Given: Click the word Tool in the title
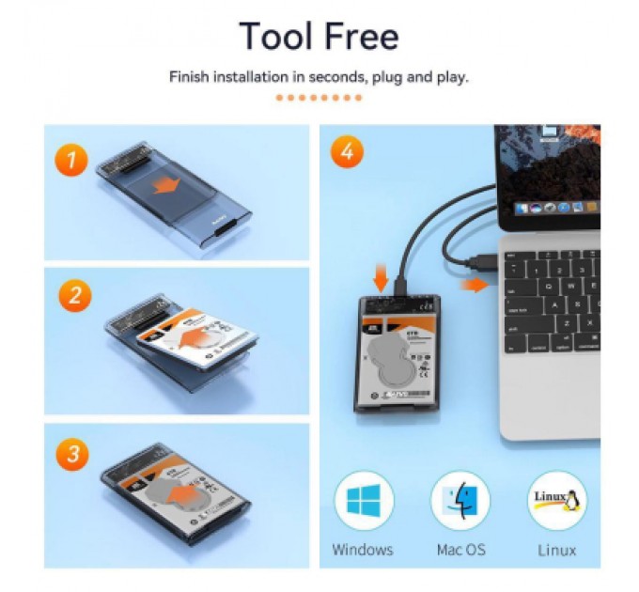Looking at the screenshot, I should (278, 36).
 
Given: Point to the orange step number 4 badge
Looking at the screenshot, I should (347, 152).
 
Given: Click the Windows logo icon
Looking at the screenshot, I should (364, 502).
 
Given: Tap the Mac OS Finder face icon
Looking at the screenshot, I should (460, 502).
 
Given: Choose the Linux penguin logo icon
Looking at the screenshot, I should (557, 502).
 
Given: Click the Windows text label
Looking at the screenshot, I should (364, 550).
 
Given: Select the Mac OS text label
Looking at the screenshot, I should (460, 550).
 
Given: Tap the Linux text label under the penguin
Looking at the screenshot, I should (557, 550).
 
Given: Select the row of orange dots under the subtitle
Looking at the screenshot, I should (319, 98).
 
